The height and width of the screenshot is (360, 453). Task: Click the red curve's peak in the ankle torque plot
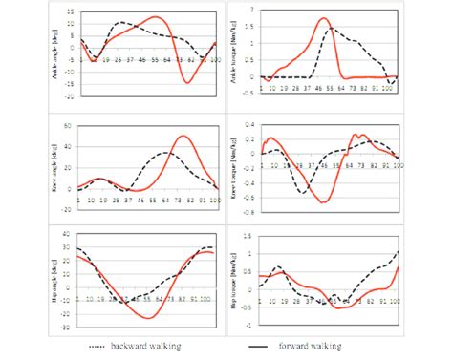[x=323, y=18]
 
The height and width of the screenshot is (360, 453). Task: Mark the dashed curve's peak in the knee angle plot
[x=166, y=153]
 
